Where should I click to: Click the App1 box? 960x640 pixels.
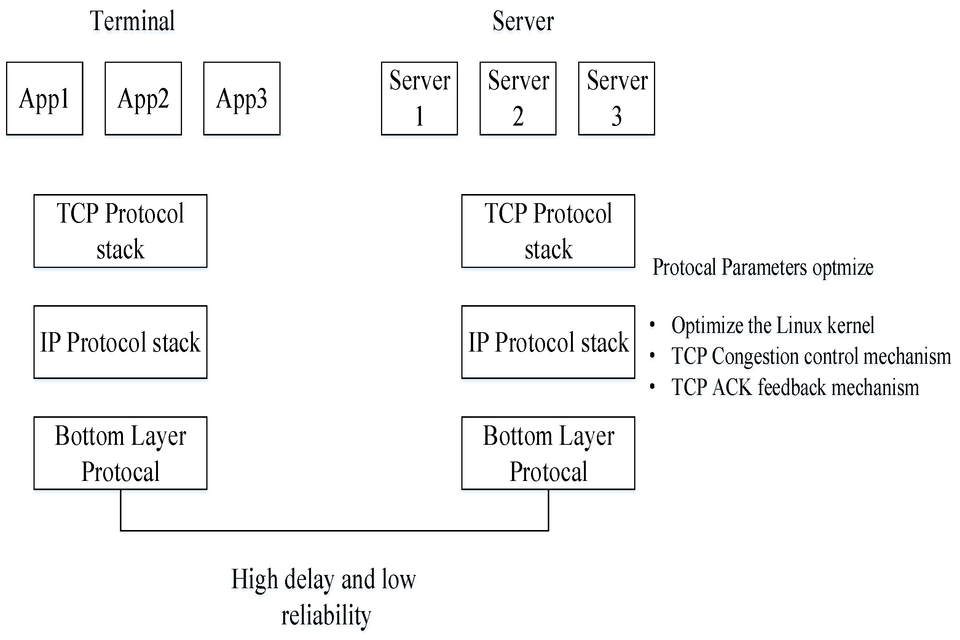tap(45, 99)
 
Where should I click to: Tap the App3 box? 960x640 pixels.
tap(242, 99)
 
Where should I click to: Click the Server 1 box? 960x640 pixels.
tap(419, 99)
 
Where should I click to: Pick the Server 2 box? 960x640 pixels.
tap(518, 99)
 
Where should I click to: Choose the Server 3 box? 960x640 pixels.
tap(617, 99)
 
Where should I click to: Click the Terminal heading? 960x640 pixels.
tap(132, 21)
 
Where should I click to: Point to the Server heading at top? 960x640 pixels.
tap(523, 21)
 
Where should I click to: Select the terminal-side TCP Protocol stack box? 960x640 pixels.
tap(120, 231)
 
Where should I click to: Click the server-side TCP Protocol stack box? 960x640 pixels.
tap(548, 231)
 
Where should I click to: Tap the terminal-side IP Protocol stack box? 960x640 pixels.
tap(120, 342)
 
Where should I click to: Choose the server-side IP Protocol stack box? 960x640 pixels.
tap(548, 342)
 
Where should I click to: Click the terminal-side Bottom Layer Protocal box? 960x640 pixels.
tap(120, 453)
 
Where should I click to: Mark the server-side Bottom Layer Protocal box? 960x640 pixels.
tap(548, 453)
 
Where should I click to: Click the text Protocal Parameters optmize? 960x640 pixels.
tap(763, 268)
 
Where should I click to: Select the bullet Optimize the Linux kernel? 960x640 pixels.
tap(773, 325)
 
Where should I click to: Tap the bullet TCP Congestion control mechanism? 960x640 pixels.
tap(811, 356)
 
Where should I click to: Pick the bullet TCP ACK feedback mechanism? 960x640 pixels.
tap(795, 387)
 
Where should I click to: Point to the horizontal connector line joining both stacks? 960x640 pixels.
tap(334, 530)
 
